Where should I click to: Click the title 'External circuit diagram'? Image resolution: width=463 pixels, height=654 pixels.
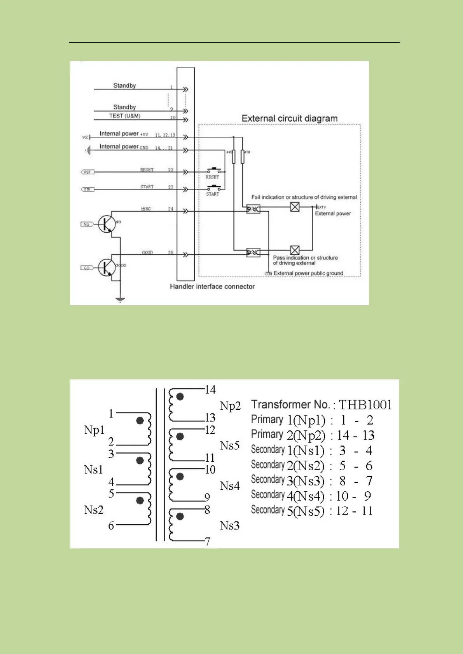pos(290,118)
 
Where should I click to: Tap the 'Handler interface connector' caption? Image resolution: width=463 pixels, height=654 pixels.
pos(212,287)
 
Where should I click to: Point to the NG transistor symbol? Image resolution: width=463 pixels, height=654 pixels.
pos(106,224)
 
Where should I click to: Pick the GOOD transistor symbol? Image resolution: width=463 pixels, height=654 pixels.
pos(106,268)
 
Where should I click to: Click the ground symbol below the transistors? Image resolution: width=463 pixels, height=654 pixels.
pos(120,300)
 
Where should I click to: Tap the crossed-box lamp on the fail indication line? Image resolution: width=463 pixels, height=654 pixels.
pos(295,207)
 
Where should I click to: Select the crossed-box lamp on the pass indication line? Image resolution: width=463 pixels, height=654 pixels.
pos(295,250)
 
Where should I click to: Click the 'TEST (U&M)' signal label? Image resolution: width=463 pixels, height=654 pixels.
pos(124,116)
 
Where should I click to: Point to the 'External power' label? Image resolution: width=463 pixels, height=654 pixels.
pos(333,214)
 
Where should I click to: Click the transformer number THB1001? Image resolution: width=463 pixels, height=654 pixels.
pos(365,405)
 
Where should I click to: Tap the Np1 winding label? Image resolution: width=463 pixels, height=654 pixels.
pos(94,430)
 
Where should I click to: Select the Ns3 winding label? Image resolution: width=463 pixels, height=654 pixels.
pos(230,526)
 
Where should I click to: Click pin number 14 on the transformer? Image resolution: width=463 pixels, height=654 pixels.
pos(210,390)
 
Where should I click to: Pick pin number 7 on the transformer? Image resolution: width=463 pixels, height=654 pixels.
pos(208,541)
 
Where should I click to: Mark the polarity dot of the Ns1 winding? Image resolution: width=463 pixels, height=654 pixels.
pos(140,461)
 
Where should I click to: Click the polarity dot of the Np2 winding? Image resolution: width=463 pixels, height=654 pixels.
pos(180,397)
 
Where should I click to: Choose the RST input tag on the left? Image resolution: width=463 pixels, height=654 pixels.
pos(87,172)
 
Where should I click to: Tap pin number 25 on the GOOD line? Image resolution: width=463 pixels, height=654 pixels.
pos(171,252)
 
